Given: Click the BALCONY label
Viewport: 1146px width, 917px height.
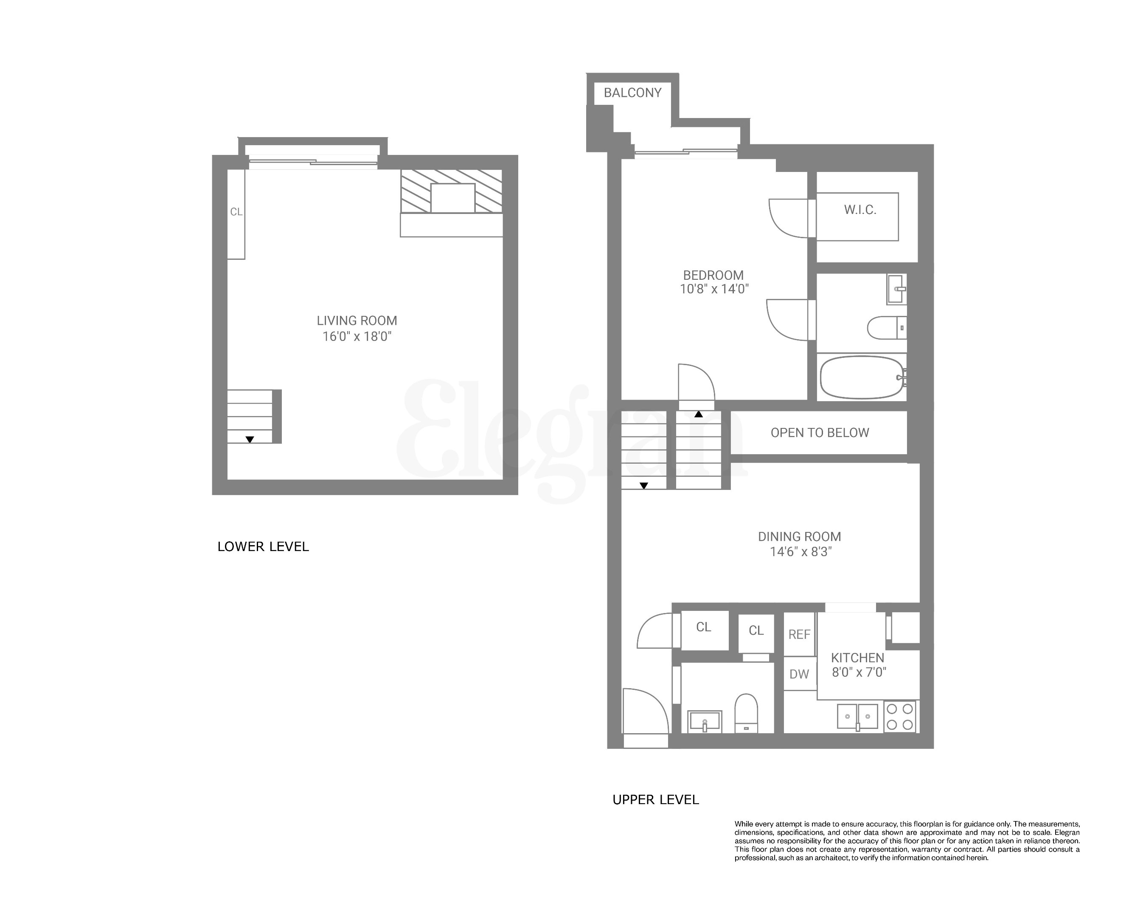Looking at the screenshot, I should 632,93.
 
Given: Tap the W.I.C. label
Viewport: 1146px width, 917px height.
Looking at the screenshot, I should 860,210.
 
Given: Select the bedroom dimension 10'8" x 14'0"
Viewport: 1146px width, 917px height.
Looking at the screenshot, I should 714,289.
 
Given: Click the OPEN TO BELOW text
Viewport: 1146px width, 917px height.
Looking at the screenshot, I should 820,433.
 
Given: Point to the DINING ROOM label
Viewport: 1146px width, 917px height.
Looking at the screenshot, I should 799,537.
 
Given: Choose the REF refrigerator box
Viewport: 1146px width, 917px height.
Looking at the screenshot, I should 799,634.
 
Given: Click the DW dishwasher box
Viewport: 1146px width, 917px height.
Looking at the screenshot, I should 799,674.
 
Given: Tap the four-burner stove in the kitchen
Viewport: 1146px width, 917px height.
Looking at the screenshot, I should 900,717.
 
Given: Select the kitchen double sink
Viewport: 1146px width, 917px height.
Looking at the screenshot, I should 857,717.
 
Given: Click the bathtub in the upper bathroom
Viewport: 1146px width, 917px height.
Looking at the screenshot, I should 862,377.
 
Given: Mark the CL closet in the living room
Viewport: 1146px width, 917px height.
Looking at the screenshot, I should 236,212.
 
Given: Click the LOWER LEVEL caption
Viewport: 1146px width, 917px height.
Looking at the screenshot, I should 263,546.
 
